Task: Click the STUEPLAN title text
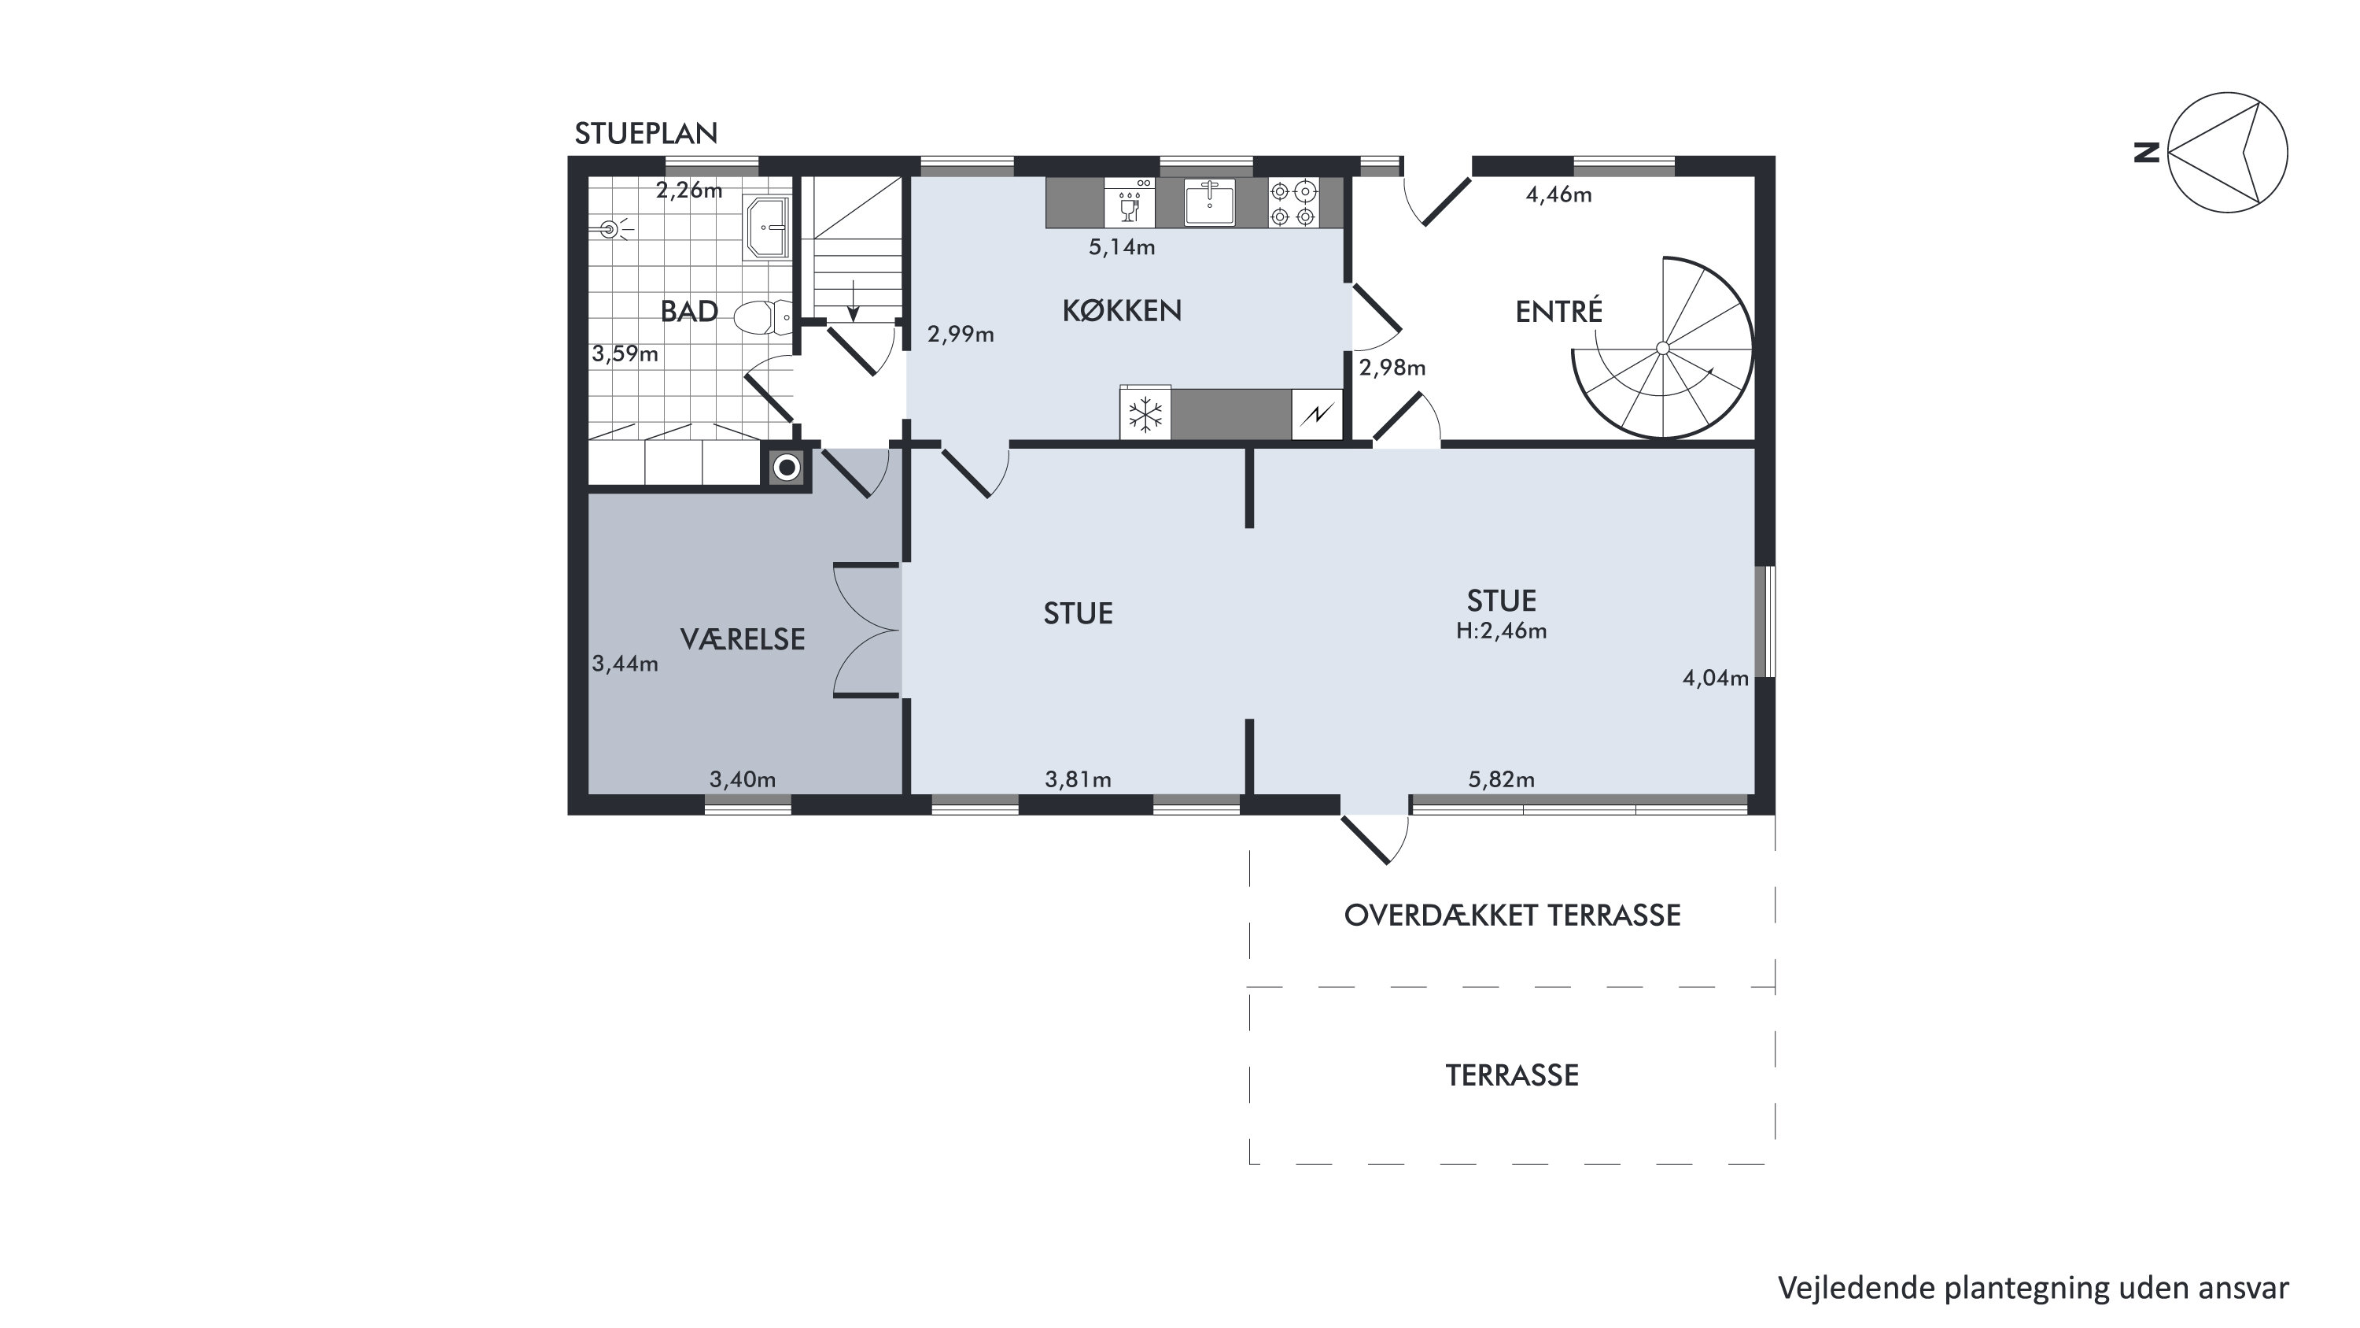click(646, 134)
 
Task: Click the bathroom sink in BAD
click(768, 227)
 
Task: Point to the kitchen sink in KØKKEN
click(1209, 202)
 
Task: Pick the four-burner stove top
click(1293, 203)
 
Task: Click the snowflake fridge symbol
click(1145, 415)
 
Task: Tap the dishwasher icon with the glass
click(1130, 202)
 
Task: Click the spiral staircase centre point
click(1662, 348)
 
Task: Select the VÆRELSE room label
click(743, 638)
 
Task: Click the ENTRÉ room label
click(1559, 312)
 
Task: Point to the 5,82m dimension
click(1502, 780)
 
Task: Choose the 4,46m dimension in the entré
click(1558, 195)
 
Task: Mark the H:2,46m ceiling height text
click(1502, 631)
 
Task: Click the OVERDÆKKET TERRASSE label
click(1513, 916)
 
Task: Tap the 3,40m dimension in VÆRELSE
click(743, 780)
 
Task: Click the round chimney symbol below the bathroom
click(787, 468)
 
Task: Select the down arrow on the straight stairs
click(853, 301)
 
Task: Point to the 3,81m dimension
click(1079, 780)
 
